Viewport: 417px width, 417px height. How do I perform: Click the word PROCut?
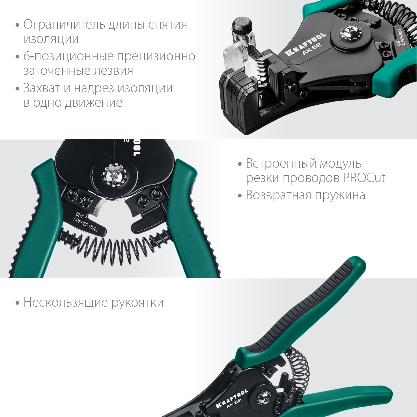coord(364,178)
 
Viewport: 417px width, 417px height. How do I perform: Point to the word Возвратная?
coord(279,195)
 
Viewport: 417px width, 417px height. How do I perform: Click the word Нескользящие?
coord(66,302)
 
